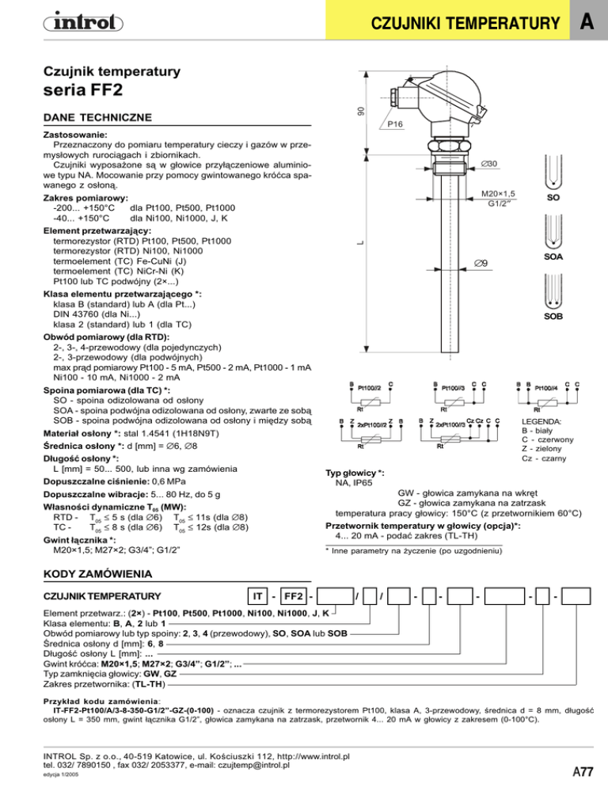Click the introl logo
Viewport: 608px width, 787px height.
[x=83, y=23]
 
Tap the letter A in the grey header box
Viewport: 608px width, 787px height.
[x=587, y=21]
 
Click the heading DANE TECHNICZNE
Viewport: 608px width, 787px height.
[x=97, y=117]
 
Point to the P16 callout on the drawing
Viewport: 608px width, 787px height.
[x=394, y=124]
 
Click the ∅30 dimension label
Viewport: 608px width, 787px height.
[x=488, y=164]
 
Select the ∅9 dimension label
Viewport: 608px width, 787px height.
[x=481, y=263]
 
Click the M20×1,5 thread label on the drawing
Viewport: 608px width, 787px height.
[x=498, y=194]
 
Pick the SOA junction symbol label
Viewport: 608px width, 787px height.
[x=553, y=257]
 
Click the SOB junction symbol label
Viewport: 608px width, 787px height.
[x=553, y=316]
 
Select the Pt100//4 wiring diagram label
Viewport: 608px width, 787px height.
[x=546, y=388]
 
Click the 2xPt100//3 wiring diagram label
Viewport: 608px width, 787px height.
[x=450, y=424]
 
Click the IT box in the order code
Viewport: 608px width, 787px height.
[x=257, y=596]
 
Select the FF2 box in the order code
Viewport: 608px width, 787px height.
[x=293, y=596]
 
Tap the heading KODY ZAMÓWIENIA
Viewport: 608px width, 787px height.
[x=97, y=574]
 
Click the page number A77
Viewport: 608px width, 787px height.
[x=583, y=771]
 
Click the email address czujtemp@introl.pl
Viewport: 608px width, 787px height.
[x=253, y=766]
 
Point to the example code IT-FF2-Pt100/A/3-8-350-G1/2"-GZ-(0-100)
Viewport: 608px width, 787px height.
[x=133, y=711]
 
